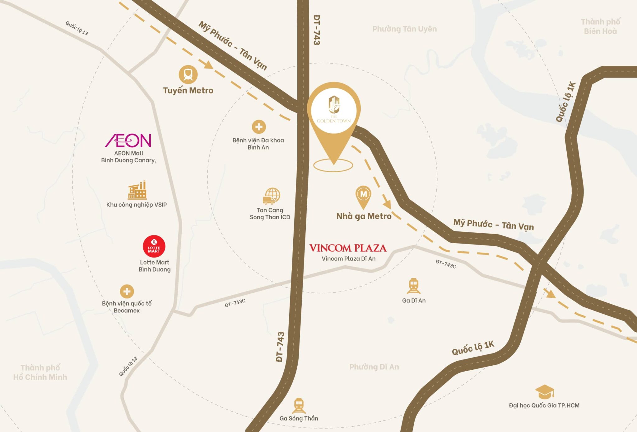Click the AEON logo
128,140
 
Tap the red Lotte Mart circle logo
154,246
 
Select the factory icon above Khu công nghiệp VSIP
137,190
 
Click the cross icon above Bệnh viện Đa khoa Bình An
259,127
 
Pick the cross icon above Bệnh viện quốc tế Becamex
127,292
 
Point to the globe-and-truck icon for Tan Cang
271,196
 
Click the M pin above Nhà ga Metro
363,195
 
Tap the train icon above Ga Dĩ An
413,286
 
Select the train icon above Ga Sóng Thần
299,405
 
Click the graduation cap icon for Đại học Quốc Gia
545,392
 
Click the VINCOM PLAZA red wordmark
348,248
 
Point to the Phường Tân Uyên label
404,29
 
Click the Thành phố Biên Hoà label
600,26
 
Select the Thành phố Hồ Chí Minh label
40,372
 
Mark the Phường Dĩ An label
374,367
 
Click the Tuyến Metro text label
188,91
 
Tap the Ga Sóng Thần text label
299,418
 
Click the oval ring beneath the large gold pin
333,165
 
